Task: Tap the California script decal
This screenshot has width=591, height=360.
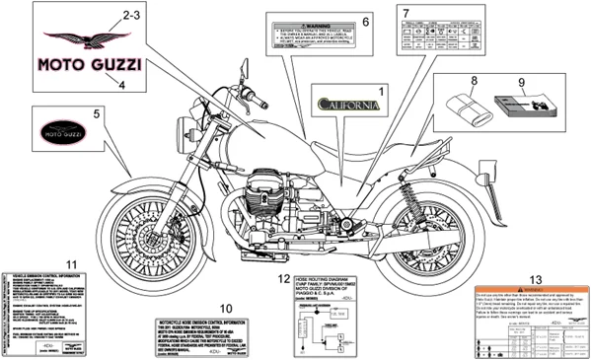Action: (345, 101)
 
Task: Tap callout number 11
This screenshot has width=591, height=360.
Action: (71, 262)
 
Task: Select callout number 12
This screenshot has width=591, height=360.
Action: (281, 279)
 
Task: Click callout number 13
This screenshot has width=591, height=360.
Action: (535, 279)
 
